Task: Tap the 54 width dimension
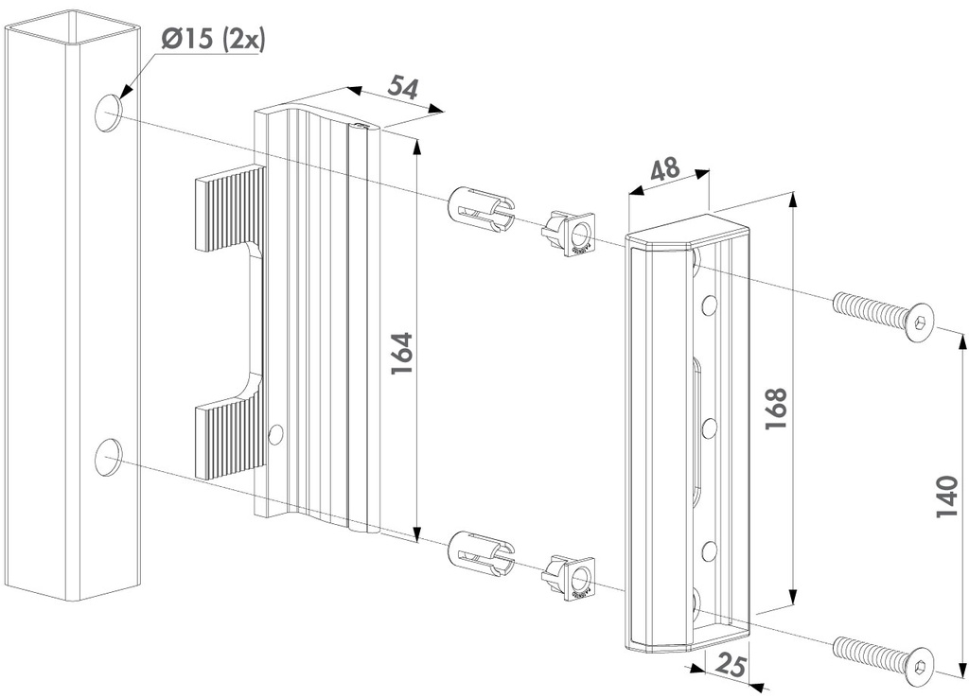403,88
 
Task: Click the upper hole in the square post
109,113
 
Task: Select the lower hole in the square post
109,456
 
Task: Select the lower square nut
570,577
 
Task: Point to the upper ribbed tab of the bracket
230,207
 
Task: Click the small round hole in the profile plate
275,434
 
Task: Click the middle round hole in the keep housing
708,428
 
